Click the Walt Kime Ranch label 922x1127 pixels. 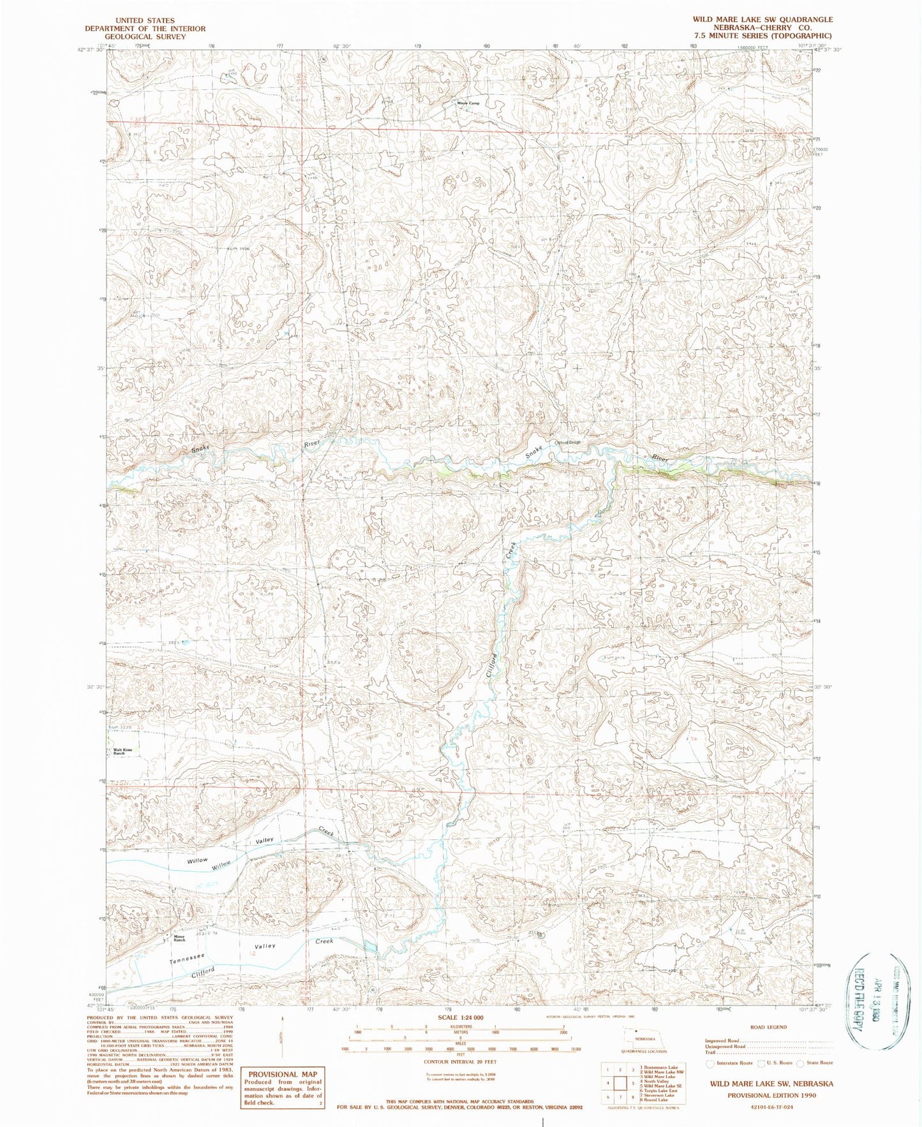coord(123,751)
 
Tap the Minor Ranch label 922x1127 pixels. coord(179,939)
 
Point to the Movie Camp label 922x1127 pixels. coord(468,103)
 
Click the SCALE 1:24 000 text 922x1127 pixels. coord(452,1017)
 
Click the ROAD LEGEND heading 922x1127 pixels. coord(769,1028)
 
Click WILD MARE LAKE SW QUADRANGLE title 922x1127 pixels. coord(762,20)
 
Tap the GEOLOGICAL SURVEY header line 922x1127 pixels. coord(147,37)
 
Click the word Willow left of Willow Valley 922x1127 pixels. coord(197,860)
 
